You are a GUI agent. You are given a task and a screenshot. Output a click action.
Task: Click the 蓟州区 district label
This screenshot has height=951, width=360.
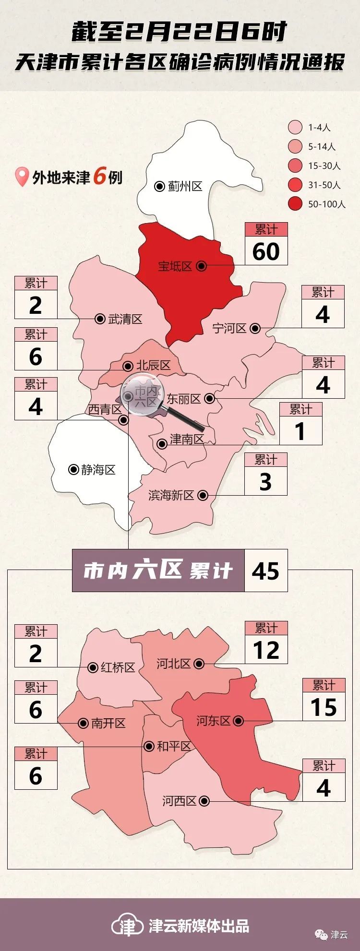pyautogui.click(x=185, y=186)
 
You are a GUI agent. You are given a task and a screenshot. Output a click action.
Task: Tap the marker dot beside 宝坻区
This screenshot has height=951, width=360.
pyautogui.click(x=202, y=266)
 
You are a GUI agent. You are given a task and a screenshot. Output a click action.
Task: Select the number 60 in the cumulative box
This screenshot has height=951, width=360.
pyautogui.click(x=266, y=251)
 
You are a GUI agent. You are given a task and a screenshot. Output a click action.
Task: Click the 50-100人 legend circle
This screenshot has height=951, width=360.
pyautogui.click(x=295, y=204)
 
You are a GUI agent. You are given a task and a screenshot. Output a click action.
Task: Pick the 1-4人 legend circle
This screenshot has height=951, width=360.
pyautogui.click(x=295, y=127)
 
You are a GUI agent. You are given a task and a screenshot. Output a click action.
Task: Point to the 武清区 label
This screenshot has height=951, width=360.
pyautogui.click(x=125, y=319)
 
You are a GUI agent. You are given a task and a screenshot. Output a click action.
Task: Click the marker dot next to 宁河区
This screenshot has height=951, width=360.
pyautogui.click(x=255, y=328)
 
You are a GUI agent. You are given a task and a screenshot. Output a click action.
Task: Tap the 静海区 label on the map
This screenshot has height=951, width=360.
pyautogui.click(x=98, y=469)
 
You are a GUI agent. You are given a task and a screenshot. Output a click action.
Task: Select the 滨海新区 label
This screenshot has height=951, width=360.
pyautogui.click(x=171, y=495)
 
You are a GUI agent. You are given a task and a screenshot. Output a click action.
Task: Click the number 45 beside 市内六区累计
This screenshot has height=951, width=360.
pyautogui.click(x=265, y=571)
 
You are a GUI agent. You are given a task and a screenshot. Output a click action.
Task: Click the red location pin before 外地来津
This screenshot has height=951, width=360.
pyautogui.click(x=22, y=177)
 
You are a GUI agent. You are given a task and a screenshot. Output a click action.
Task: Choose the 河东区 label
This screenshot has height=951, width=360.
pyautogui.click(x=214, y=721)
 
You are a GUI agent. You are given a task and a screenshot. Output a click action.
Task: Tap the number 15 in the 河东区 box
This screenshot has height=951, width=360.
pyautogui.click(x=324, y=707)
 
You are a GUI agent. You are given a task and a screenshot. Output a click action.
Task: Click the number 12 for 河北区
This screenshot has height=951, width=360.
pyautogui.click(x=266, y=651)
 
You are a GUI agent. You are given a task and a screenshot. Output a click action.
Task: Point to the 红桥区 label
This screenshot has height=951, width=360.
pyautogui.click(x=118, y=667)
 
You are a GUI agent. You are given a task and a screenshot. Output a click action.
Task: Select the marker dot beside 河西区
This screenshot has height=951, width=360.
pyautogui.click(x=204, y=801)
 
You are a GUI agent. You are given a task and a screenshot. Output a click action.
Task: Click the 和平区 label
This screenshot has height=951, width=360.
pyautogui.click(x=174, y=746)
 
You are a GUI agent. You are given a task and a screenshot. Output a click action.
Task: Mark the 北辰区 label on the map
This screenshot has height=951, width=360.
pyautogui.click(x=153, y=366)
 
